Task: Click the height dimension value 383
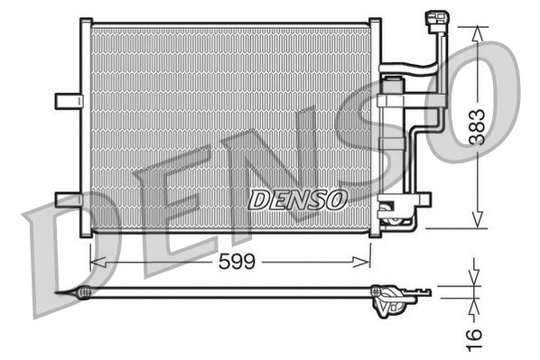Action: (x=476, y=129)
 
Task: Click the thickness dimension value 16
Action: (x=476, y=335)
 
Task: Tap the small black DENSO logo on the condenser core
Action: (x=297, y=198)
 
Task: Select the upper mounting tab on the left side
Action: (x=68, y=99)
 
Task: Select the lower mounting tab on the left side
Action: (x=68, y=198)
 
